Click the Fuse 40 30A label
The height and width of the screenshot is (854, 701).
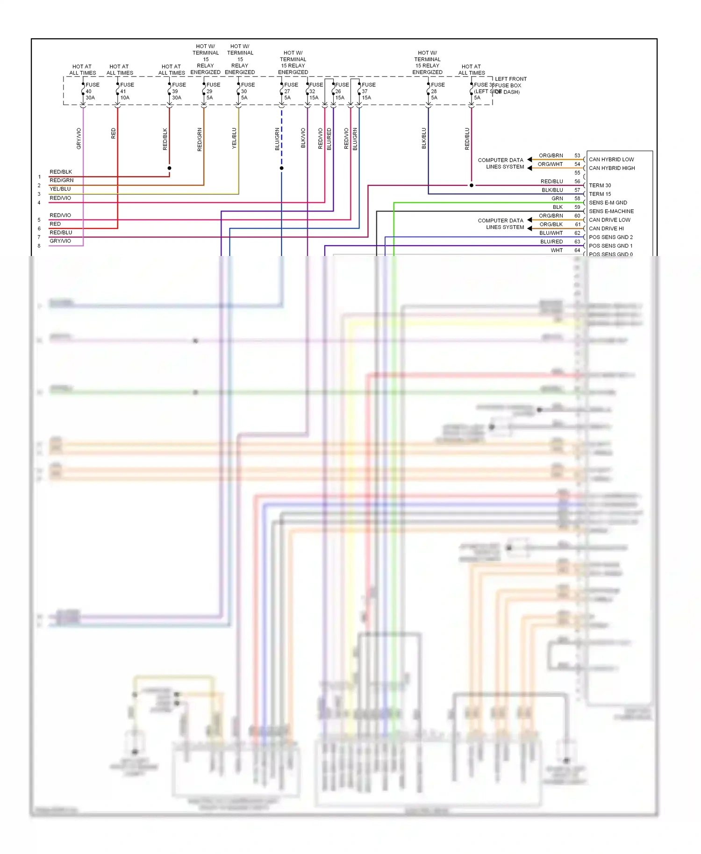(x=91, y=91)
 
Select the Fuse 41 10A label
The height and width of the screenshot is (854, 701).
(x=126, y=91)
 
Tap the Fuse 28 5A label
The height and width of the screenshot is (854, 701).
(x=436, y=91)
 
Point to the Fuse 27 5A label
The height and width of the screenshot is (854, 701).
(x=290, y=91)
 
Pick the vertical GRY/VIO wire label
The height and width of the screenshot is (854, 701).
(x=79, y=138)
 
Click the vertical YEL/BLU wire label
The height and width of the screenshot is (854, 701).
(x=234, y=138)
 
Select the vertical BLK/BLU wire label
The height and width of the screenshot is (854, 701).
(x=424, y=138)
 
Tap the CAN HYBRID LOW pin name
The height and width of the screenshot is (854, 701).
(x=611, y=159)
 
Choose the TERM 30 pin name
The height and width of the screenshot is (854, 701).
(x=600, y=185)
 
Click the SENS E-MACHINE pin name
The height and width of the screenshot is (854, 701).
(x=611, y=211)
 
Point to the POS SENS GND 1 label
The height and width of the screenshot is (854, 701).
(x=610, y=246)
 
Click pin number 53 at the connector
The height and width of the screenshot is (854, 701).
(x=577, y=156)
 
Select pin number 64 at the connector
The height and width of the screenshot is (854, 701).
(x=577, y=250)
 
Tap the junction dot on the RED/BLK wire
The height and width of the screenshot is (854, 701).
(x=169, y=168)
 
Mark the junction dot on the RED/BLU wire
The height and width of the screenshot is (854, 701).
(x=471, y=185)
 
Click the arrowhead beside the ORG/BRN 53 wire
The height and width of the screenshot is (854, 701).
(x=529, y=159)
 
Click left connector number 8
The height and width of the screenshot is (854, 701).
(x=39, y=246)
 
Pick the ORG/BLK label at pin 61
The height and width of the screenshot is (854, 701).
(x=551, y=224)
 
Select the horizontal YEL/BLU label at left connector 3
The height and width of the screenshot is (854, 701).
(x=60, y=189)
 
